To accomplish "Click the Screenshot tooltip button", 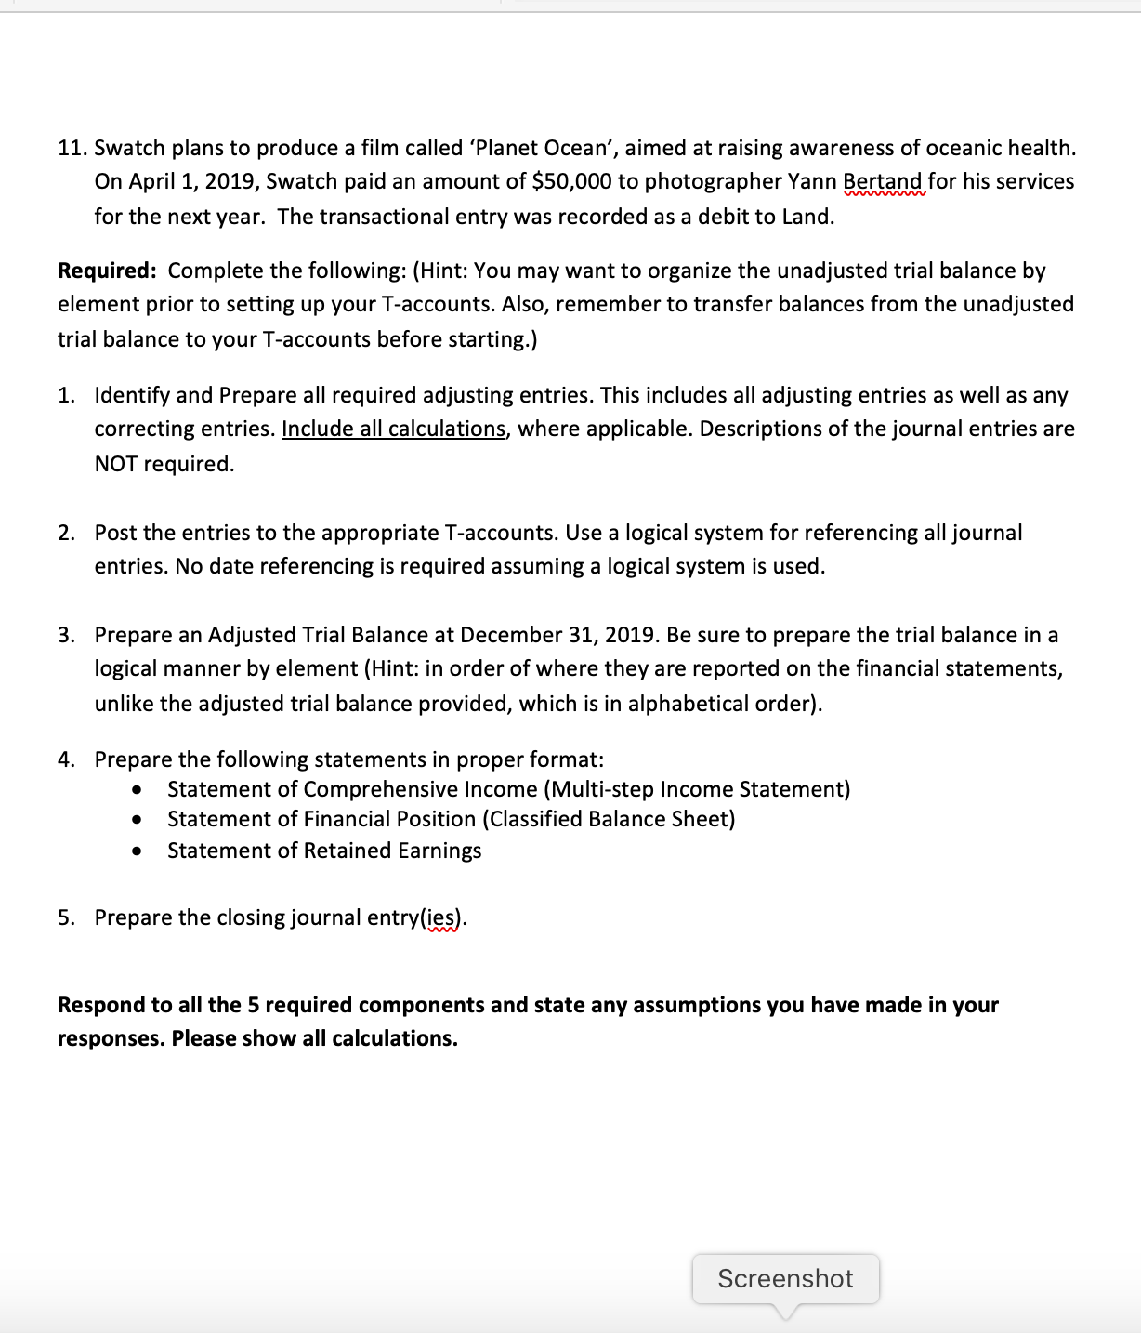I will click(x=785, y=1279).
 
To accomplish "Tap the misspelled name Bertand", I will click(x=883, y=181).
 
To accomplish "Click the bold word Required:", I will click(x=107, y=271).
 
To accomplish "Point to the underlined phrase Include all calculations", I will click(x=394, y=429).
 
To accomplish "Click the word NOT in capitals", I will click(x=115, y=464).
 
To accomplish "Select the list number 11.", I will click(x=72, y=148).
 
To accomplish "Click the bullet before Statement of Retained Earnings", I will click(x=138, y=851).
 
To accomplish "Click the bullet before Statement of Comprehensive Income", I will click(x=138, y=790).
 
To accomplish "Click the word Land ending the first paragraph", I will click(x=806, y=217).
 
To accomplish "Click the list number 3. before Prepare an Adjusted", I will click(x=67, y=635).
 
